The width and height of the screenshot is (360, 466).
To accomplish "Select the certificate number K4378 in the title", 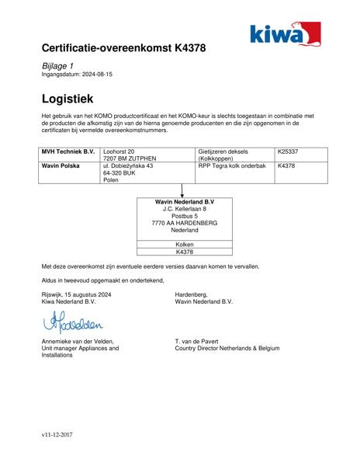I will [186, 48].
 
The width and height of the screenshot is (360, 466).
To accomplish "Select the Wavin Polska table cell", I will [61, 165].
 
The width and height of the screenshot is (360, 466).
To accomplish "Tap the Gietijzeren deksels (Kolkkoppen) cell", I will [225, 155].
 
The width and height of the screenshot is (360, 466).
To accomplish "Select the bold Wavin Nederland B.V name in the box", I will [185, 202].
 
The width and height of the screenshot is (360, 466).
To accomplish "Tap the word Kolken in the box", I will [185, 244].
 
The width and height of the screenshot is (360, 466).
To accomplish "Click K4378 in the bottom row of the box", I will [185, 252].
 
